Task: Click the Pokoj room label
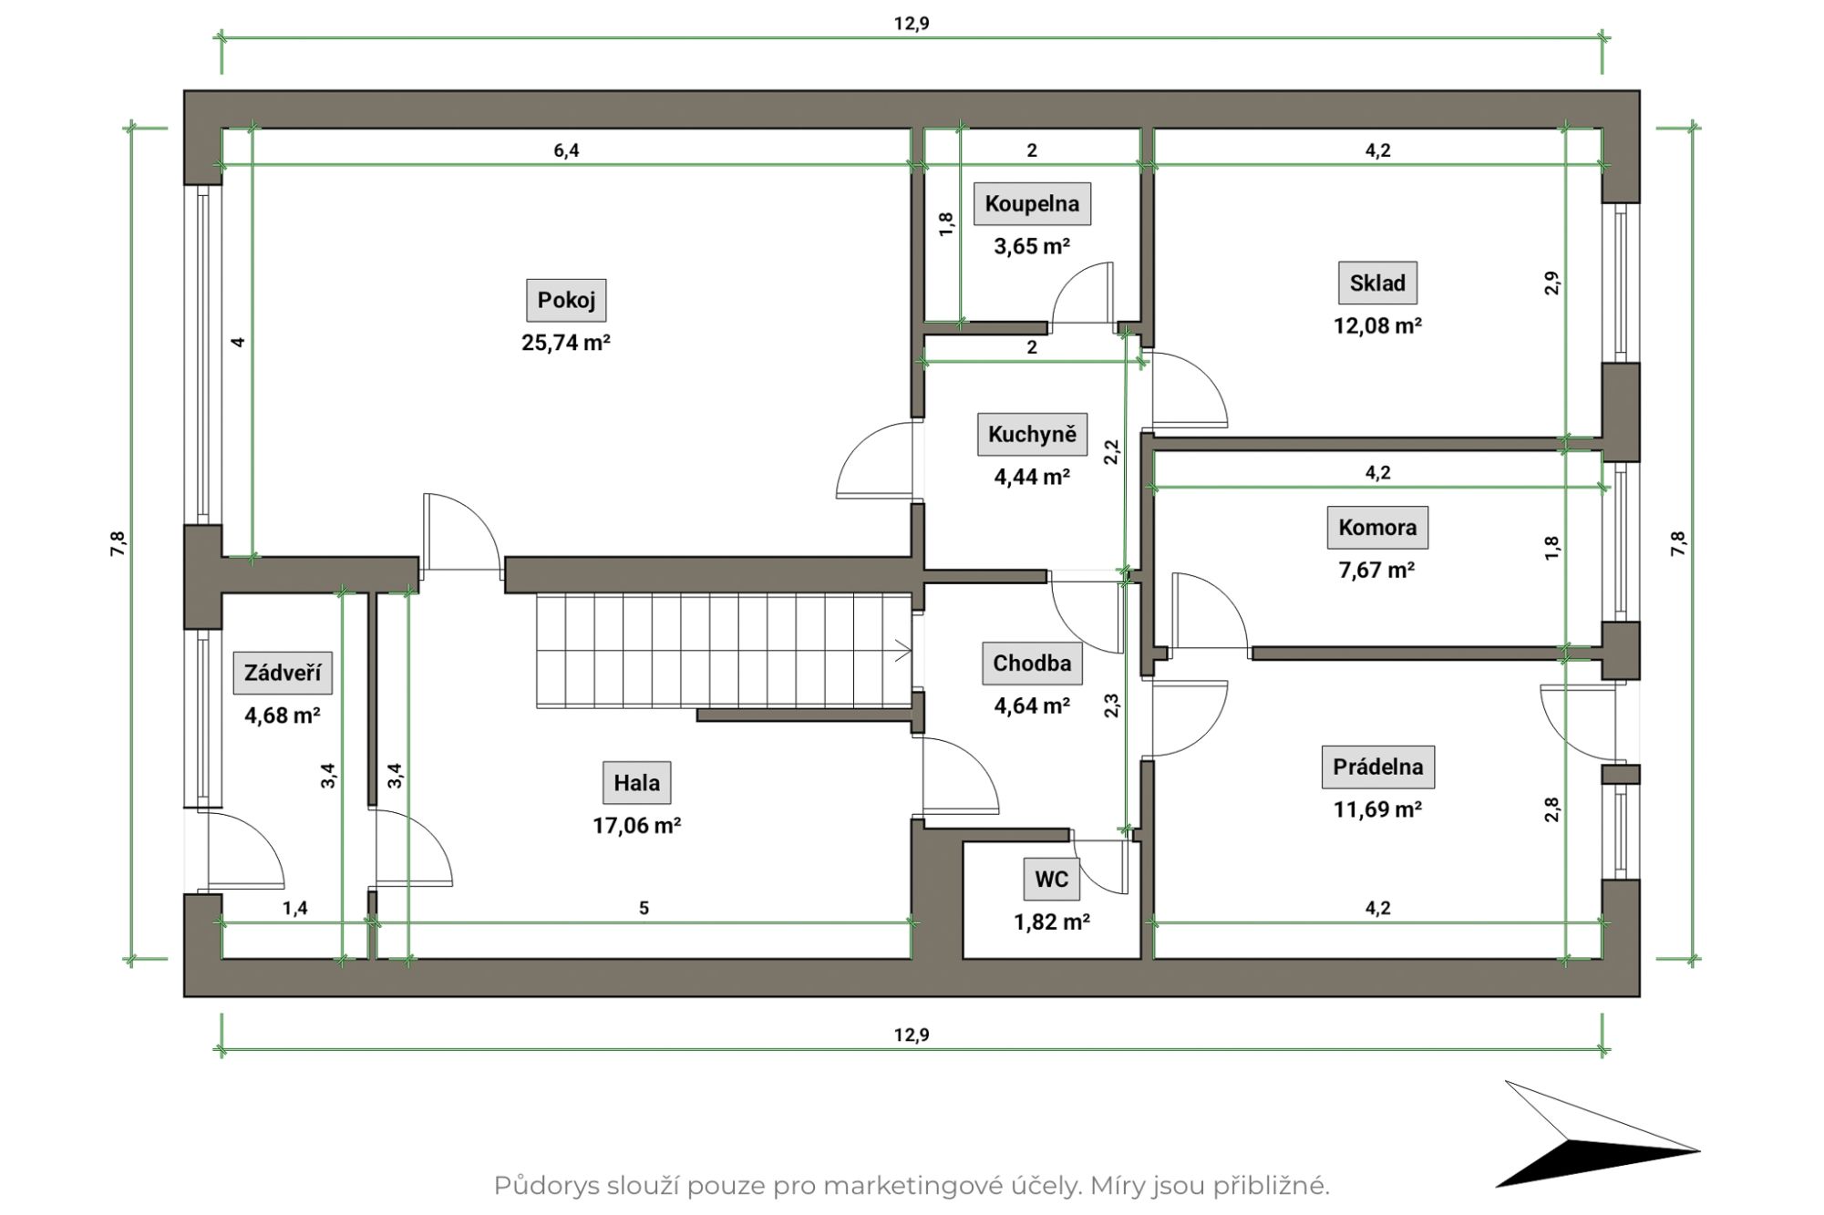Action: (566, 300)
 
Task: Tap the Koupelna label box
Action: (1032, 203)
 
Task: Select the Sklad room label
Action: (1377, 283)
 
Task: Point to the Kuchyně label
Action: (1032, 434)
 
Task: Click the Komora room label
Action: (1377, 527)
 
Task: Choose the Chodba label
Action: (1032, 663)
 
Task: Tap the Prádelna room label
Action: (1377, 767)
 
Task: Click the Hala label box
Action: (636, 782)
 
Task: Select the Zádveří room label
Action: (282, 673)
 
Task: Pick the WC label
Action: (1051, 879)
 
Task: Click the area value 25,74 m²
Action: (566, 343)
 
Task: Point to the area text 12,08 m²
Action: (1377, 325)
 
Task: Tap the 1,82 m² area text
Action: (1051, 922)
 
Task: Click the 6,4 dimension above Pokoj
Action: (566, 150)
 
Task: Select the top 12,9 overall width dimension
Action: (912, 24)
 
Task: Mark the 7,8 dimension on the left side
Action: (119, 544)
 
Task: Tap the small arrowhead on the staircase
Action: (903, 652)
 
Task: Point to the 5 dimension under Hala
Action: (644, 908)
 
